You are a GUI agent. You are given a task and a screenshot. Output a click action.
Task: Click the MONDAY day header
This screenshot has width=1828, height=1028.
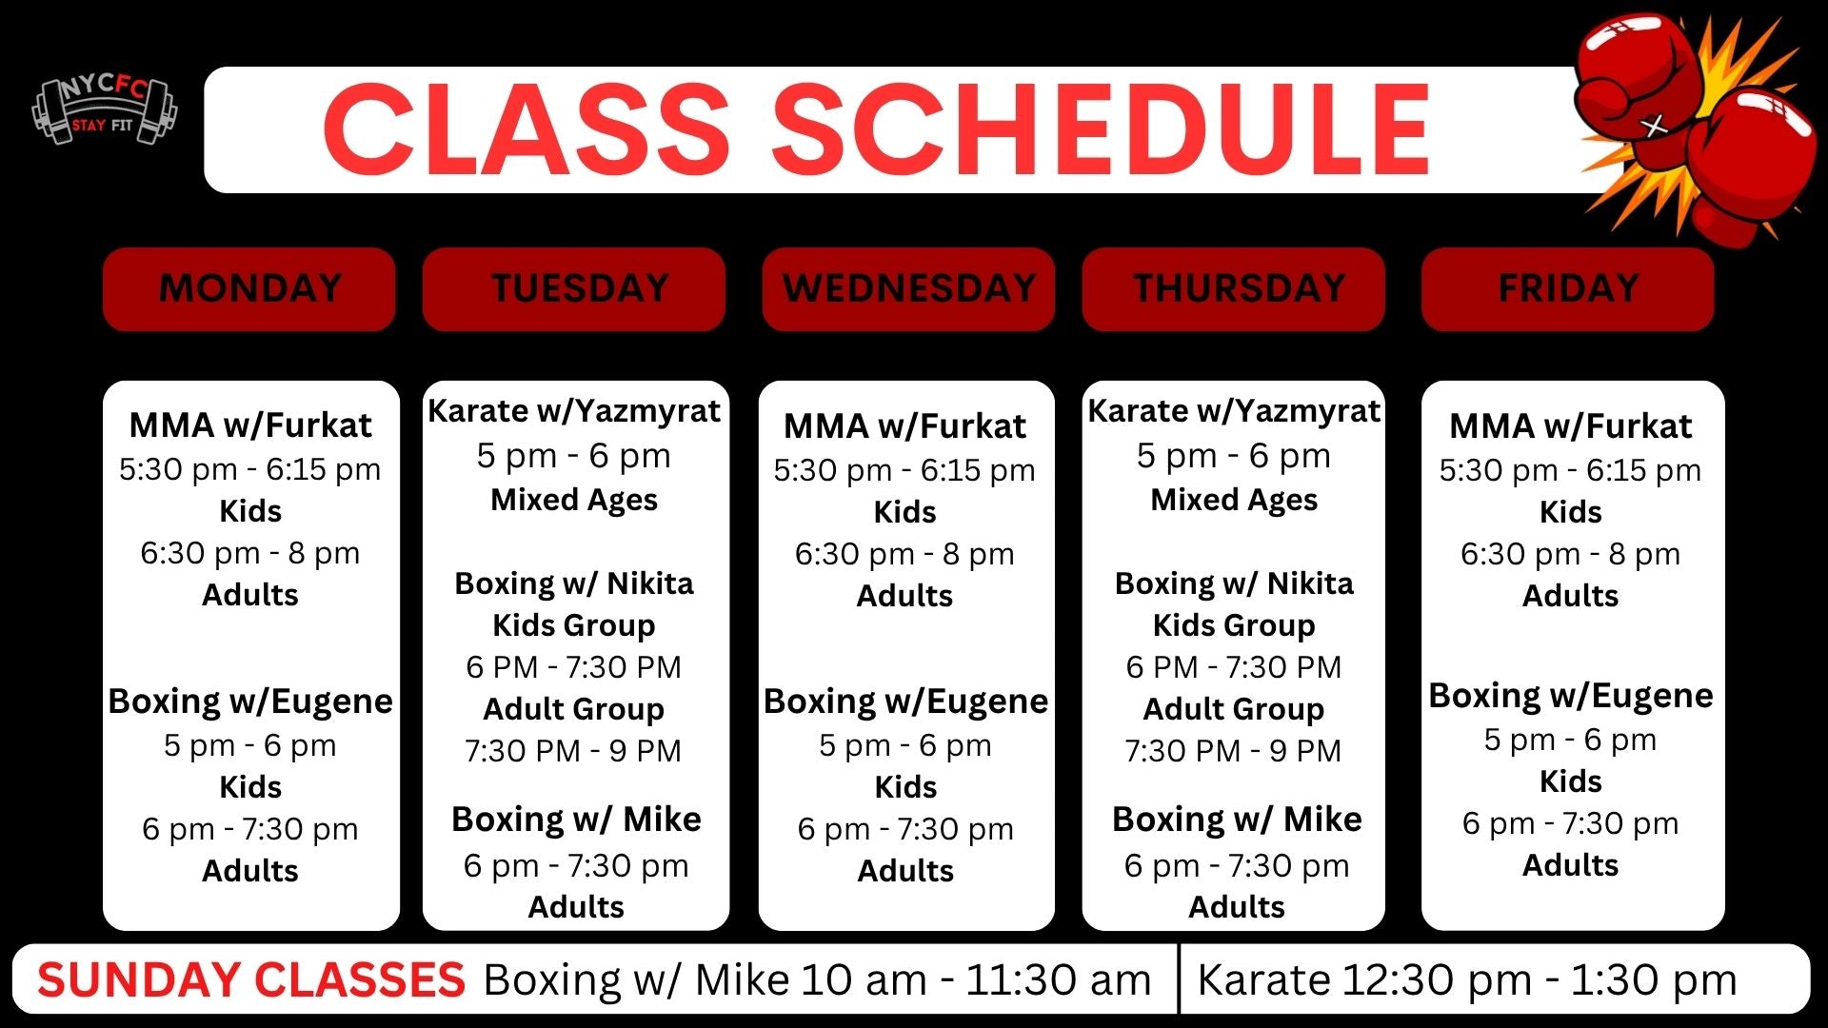pyautogui.click(x=249, y=288)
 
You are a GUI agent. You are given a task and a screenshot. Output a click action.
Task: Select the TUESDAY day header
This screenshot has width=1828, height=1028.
pyautogui.click(x=574, y=288)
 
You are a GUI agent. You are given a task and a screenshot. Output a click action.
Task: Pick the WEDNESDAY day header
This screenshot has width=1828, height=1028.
pyautogui.click(x=908, y=288)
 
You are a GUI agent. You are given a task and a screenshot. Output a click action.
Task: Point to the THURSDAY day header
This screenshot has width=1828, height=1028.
pyautogui.click(x=1234, y=288)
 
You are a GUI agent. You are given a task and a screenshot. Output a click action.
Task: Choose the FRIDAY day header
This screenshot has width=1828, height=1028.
pyautogui.click(x=1568, y=288)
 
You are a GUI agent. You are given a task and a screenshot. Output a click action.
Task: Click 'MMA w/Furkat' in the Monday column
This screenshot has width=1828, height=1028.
pyautogui.click(x=250, y=425)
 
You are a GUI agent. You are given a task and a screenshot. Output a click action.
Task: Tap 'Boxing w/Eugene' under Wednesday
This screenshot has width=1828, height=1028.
pyautogui.click(x=905, y=702)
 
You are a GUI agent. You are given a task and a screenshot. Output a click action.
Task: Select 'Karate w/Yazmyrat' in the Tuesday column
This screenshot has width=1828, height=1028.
pyautogui.click(x=574, y=411)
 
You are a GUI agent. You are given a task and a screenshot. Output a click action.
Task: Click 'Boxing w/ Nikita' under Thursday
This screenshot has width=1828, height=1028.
pyautogui.click(x=1234, y=583)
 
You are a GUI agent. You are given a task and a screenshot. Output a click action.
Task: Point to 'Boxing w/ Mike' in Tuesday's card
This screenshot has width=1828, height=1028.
pyautogui.click(x=576, y=819)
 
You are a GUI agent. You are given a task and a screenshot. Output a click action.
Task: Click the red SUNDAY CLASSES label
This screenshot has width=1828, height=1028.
pyautogui.click(x=251, y=979)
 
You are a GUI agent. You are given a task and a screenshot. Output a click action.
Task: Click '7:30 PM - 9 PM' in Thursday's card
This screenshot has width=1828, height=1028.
pyautogui.click(x=1233, y=751)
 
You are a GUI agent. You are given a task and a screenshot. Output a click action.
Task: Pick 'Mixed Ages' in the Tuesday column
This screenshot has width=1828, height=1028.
pyautogui.click(x=574, y=500)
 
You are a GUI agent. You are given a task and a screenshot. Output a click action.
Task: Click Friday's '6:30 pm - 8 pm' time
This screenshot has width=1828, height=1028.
pyautogui.click(x=1570, y=554)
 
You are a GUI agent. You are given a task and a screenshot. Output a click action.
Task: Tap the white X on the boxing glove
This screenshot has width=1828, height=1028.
pyautogui.click(x=1655, y=125)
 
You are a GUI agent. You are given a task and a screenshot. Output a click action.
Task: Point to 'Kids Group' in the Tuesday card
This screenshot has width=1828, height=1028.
pyautogui.click(x=574, y=625)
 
